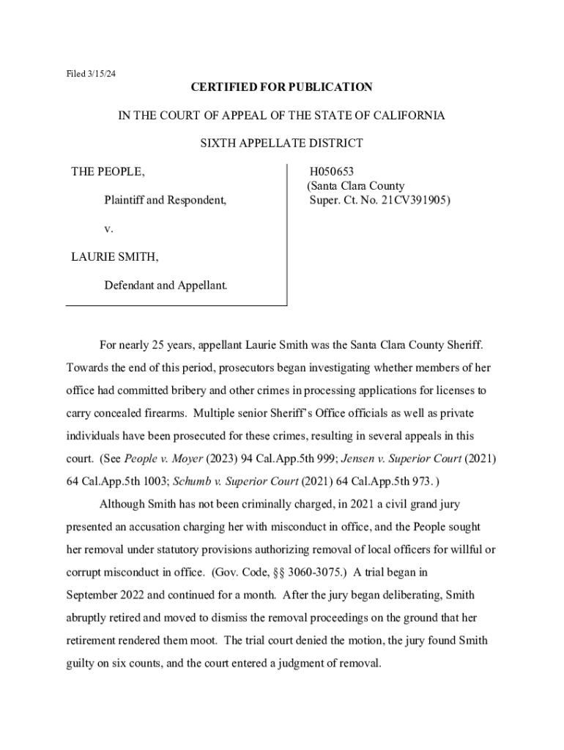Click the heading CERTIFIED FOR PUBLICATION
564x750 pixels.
tap(282, 87)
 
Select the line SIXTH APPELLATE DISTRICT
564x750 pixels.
tap(282, 144)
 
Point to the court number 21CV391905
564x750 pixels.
tap(413, 198)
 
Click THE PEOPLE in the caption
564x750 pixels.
tap(108, 172)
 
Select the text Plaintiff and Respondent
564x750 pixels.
tap(165, 198)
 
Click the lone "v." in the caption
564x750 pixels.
tap(108, 229)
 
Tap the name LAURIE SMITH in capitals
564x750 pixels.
tap(115, 257)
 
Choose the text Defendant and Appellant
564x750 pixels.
tap(166, 284)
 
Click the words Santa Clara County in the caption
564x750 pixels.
tap(358, 186)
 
